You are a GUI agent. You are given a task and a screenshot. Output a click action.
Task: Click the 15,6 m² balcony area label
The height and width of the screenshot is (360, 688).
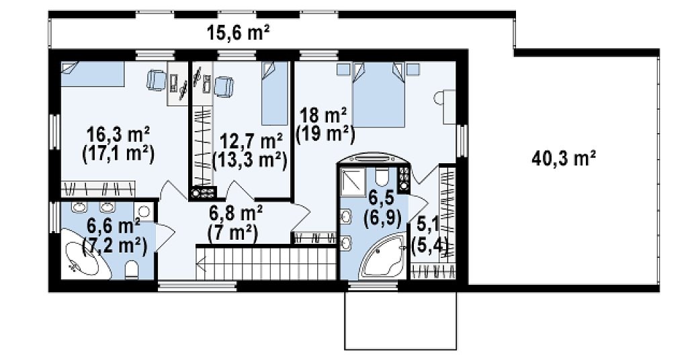coord(239,34)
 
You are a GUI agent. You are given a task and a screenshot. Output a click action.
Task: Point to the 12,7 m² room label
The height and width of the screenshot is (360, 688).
coord(251,142)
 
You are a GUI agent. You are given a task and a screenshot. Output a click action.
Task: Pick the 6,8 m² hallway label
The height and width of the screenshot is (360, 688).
coord(236,213)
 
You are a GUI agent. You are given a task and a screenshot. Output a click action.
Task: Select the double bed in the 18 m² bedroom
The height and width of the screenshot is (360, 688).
coord(378,95)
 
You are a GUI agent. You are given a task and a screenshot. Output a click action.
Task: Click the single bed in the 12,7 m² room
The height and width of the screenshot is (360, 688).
coord(275,93)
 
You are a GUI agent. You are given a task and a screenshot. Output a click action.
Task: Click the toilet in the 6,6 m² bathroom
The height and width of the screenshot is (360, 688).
coord(132,269)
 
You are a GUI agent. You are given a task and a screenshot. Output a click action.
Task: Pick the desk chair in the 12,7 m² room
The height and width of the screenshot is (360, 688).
coord(224,86)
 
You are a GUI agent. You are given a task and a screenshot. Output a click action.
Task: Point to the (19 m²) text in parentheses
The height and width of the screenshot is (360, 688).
coord(325,134)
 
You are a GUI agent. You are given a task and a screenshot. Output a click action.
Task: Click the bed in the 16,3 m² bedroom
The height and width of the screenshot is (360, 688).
coord(92,74)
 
